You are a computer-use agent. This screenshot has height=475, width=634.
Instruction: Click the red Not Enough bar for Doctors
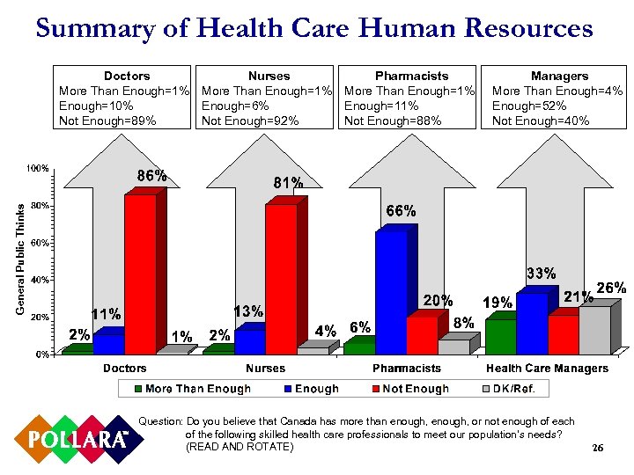[140, 273]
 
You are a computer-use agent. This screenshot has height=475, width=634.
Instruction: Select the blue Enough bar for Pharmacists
[391, 290]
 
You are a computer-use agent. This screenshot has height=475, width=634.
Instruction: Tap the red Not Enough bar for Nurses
[281, 277]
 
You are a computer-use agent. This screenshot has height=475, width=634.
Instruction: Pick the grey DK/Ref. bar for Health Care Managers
[594, 330]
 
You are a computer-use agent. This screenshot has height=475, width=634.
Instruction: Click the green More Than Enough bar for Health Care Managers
[501, 336]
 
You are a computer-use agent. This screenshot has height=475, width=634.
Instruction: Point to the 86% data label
[151, 176]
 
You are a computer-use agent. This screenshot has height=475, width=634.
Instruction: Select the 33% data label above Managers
[541, 274]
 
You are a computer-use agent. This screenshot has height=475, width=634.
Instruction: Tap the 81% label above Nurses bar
[289, 183]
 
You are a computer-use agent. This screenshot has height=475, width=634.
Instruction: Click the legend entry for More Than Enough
[191, 389]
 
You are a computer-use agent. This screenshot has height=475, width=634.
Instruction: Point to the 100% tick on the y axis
[37, 168]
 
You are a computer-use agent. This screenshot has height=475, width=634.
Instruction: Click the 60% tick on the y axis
[39, 243]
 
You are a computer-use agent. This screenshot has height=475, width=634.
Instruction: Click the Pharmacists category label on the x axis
[406, 368]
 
